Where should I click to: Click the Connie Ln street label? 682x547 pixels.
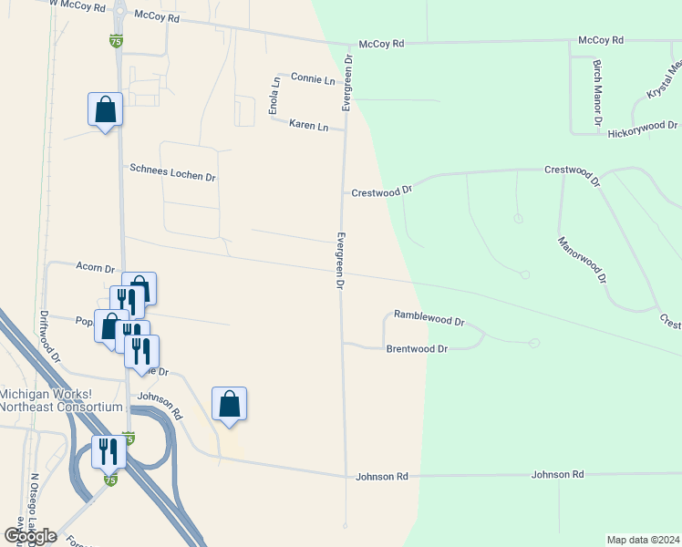(x=313, y=79)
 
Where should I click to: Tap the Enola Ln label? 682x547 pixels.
(x=274, y=96)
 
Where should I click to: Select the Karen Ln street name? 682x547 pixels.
(x=308, y=126)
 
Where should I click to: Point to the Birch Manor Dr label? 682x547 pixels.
(x=597, y=93)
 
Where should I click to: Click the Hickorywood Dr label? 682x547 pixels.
(x=643, y=129)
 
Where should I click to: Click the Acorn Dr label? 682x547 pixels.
(x=96, y=269)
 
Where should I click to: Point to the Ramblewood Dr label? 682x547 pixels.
(x=429, y=321)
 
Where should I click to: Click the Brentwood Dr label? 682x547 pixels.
(x=417, y=348)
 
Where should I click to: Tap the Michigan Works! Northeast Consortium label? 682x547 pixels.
(x=60, y=400)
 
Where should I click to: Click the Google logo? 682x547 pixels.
(x=30, y=535)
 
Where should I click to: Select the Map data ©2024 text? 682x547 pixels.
(x=642, y=539)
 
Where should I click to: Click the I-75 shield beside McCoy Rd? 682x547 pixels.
(x=115, y=40)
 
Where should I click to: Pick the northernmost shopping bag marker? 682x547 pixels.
(x=105, y=110)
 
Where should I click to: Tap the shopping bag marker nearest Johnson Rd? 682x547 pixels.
(x=229, y=403)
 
